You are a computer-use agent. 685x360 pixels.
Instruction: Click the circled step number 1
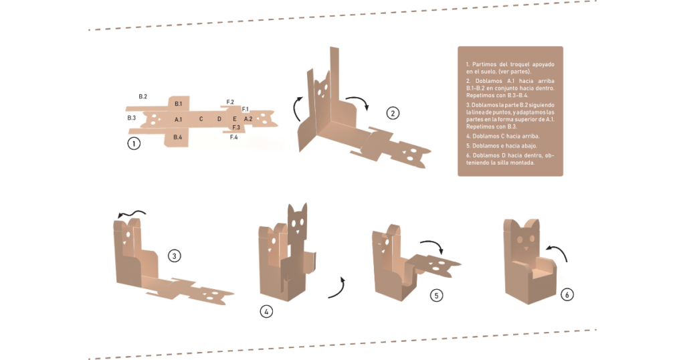click(x=134, y=143)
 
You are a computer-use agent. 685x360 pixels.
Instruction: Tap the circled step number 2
click(x=393, y=114)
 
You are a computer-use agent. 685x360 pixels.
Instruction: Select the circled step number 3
click(x=175, y=256)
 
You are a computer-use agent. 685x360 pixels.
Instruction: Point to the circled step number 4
click(x=266, y=312)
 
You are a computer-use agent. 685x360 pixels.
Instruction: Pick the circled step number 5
click(x=436, y=295)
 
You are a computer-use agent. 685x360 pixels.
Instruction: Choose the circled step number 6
click(x=567, y=294)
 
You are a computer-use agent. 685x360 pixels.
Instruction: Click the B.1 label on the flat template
click(x=178, y=104)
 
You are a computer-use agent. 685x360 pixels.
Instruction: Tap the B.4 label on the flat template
click(x=177, y=137)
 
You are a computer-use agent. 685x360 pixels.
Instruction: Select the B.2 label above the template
click(x=143, y=96)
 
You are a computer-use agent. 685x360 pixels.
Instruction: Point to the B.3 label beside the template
click(x=132, y=118)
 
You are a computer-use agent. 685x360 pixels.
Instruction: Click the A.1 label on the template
click(x=178, y=119)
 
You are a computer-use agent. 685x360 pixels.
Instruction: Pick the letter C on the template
click(x=201, y=119)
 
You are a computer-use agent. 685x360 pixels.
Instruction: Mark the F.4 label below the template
click(x=233, y=137)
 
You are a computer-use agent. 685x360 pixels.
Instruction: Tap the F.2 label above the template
click(x=230, y=102)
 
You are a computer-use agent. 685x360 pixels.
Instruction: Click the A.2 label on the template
click(x=248, y=119)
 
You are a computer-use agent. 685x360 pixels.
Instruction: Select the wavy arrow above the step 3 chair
click(x=131, y=213)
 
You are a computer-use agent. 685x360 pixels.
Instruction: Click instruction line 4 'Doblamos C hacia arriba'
click(x=503, y=137)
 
